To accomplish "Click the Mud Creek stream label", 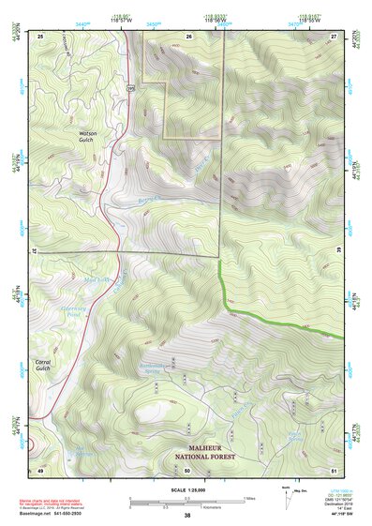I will click(98, 279).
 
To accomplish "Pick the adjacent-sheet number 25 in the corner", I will click(40, 36).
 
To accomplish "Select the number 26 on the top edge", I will click(188, 36).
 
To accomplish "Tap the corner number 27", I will click(334, 36).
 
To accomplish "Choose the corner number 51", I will click(334, 469).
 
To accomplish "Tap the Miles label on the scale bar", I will click(247, 498).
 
